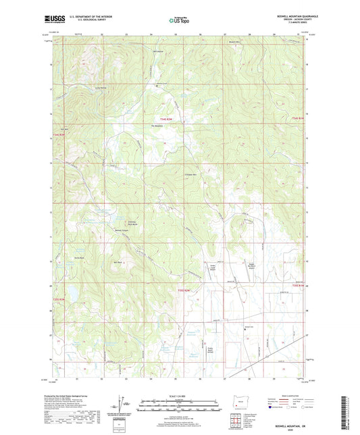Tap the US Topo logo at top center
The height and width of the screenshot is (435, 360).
tap(179, 21)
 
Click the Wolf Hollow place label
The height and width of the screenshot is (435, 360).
tap(159, 51)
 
